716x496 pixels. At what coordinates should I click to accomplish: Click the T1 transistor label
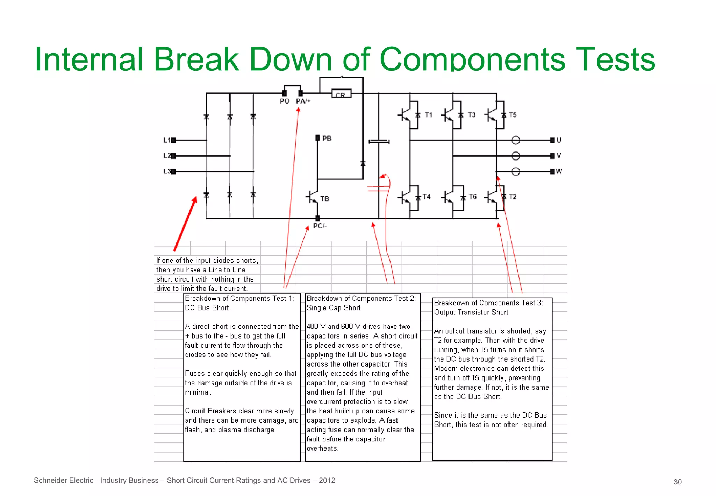tap(429, 115)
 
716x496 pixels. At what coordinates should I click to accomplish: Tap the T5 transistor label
tap(513, 115)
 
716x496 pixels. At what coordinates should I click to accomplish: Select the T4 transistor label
tap(427, 197)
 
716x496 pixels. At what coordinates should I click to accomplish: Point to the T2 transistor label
tap(513, 197)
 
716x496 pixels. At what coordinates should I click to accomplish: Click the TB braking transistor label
tap(325, 199)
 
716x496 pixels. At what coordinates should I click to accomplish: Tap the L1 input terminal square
tap(173, 140)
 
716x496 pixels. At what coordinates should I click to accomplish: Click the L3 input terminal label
tap(167, 171)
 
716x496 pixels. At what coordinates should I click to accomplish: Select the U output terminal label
tap(559, 140)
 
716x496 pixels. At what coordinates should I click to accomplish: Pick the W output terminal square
tap(552, 171)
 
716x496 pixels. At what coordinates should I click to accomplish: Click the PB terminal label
tap(327, 139)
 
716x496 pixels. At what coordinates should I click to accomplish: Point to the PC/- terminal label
tap(320, 226)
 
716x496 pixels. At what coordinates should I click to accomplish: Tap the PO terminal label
tap(285, 101)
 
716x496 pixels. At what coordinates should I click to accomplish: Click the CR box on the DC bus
tap(341, 94)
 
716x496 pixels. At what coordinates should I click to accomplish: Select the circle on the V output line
tap(516, 156)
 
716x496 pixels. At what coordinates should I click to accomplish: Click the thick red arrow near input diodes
tap(185, 224)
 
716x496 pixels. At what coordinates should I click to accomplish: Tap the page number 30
tap(678, 482)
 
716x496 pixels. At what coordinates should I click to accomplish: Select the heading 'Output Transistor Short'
tap(471, 312)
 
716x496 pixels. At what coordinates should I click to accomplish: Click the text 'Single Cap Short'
tap(333, 308)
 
